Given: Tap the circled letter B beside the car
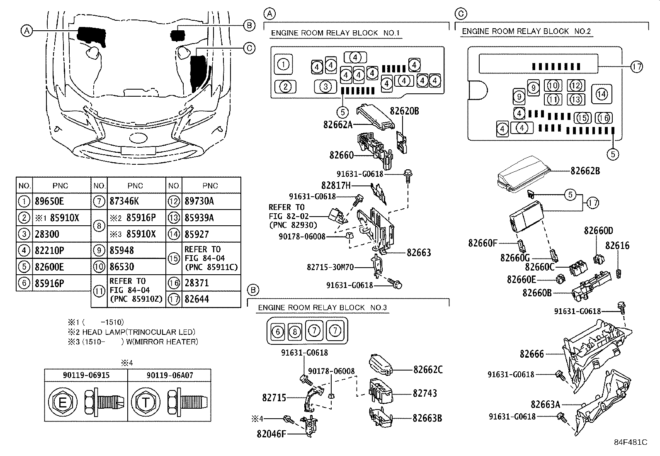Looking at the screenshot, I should click(249, 26).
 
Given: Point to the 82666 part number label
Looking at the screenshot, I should click(532, 354).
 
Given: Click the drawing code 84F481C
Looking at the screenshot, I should click(631, 442).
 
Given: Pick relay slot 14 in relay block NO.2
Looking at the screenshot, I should click(602, 94).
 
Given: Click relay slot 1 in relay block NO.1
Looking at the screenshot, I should click(283, 64).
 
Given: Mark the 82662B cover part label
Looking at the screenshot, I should click(585, 171).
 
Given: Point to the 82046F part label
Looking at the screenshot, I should click(271, 434).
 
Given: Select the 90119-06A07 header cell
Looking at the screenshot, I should click(170, 375).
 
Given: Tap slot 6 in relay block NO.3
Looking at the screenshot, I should click(277, 331).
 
